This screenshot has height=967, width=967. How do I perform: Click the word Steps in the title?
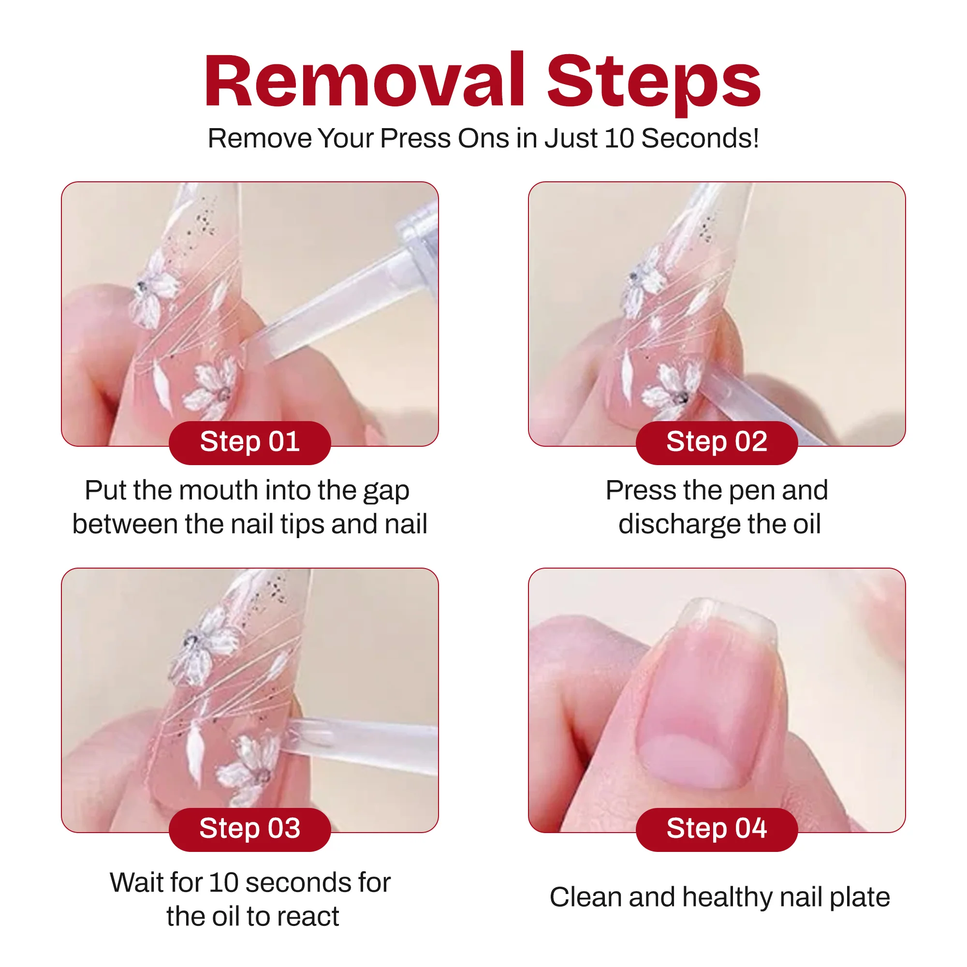tap(654, 84)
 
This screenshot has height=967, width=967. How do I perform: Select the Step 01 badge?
tap(250, 442)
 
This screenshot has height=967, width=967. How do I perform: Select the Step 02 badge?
tap(717, 442)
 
